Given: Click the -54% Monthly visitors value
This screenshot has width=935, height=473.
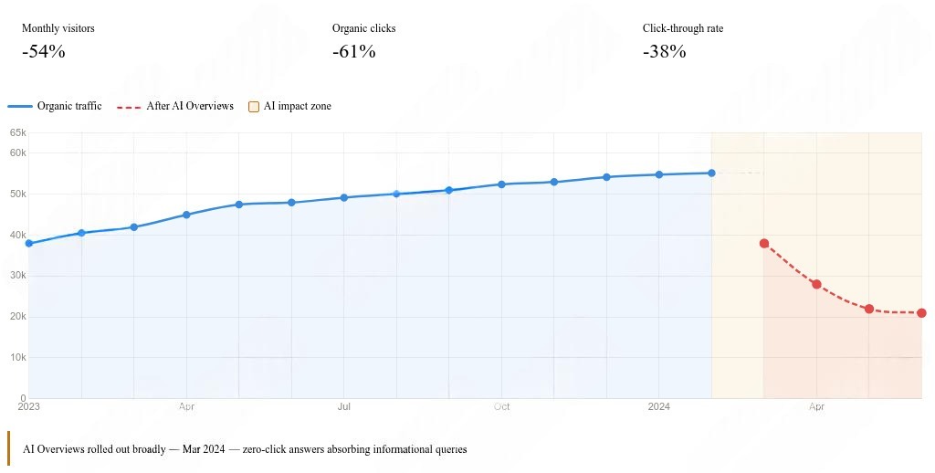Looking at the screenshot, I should [44, 52].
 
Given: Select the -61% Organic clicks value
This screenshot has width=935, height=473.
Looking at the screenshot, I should [354, 52].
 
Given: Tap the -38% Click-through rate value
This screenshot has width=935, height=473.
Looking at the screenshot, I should [665, 52].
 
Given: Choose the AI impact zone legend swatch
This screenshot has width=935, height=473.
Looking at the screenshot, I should [255, 106].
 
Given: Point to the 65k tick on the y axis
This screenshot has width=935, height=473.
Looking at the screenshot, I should [17, 133].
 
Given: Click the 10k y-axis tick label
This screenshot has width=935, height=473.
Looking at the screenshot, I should [17, 358].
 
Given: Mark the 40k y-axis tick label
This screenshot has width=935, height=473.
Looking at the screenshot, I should [17, 235].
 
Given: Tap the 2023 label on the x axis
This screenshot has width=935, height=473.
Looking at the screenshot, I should [29, 407].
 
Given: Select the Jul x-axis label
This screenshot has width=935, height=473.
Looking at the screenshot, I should [344, 407].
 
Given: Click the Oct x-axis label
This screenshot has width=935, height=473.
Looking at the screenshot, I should [501, 407].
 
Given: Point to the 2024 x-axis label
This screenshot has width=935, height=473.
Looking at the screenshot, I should [659, 407].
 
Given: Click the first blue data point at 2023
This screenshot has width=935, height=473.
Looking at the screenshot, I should [29, 244].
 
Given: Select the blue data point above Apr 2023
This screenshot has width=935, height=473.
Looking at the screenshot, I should [186, 215].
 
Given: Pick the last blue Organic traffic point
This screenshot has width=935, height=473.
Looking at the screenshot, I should [711, 173].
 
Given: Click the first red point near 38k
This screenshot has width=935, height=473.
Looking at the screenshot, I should [764, 244].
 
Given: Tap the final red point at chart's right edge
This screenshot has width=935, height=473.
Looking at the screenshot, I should [921, 313].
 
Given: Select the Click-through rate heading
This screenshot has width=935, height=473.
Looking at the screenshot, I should [683, 28].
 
